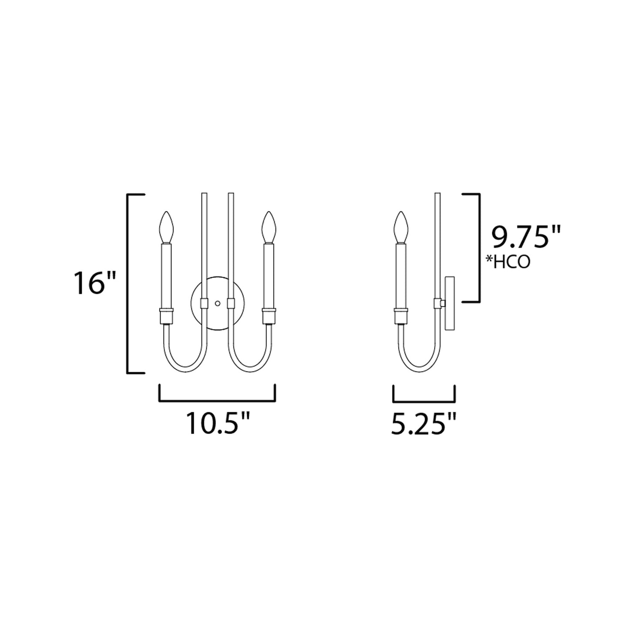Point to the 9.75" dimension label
(x=525, y=238)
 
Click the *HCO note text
(x=509, y=262)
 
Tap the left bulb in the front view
(x=166, y=227)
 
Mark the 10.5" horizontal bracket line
(x=218, y=400)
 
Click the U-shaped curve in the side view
(x=418, y=366)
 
